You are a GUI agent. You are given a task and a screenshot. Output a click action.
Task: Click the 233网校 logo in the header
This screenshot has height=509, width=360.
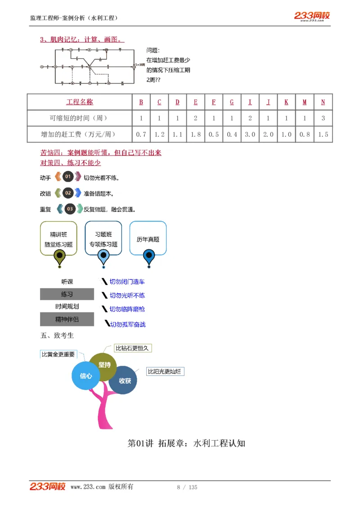[312, 16]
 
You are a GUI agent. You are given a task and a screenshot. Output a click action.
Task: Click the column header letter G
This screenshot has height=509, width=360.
[232, 102]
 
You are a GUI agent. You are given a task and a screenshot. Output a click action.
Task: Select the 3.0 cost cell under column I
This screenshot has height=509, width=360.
[250, 134]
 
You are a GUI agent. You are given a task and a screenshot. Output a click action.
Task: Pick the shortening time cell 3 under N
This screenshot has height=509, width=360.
[323, 118]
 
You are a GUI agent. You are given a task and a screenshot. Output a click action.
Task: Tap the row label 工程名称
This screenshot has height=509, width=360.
[80, 102]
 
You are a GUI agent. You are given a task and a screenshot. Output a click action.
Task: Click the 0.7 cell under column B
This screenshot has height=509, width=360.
[141, 134]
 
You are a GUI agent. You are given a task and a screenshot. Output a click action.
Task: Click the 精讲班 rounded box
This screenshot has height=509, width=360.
[58, 239]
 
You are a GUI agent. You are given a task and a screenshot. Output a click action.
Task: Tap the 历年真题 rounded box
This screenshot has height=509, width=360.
[148, 239]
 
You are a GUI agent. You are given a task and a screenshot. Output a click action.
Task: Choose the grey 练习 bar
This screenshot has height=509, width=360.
[67, 295]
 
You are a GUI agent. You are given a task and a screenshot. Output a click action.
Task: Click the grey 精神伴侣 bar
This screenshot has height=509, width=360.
[67, 319]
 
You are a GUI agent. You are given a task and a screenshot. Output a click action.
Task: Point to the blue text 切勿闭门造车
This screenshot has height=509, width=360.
[127, 282]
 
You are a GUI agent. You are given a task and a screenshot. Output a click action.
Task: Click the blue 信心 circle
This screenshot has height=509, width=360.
[86, 375]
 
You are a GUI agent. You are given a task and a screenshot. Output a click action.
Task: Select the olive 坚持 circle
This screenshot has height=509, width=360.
[104, 365]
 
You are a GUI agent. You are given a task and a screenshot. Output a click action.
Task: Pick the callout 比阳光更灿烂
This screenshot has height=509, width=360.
[165, 371]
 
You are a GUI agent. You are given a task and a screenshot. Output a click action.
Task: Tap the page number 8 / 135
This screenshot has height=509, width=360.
[187, 487]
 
